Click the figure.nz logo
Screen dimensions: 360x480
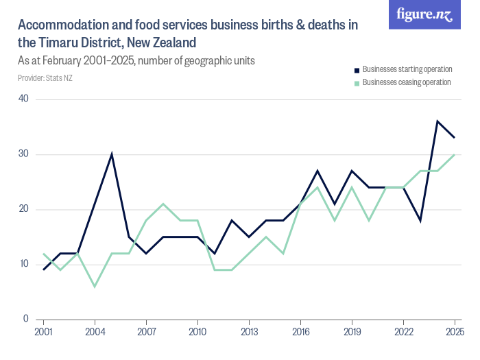tap(424, 14)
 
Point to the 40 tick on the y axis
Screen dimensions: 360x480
tap(23, 99)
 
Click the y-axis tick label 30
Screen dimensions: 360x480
tap(23, 154)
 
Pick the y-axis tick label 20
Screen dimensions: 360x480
tap(23, 209)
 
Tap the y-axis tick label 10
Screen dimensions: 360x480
tap(23, 264)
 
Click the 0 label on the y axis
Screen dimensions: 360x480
tap(25, 319)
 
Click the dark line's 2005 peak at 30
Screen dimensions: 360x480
tap(112, 154)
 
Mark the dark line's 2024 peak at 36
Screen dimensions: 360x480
tap(437, 121)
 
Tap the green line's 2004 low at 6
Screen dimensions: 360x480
tap(95, 286)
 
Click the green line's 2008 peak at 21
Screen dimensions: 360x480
tap(163, 204)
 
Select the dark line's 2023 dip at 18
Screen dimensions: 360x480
tap(420, 220)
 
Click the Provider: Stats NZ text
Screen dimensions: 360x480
tap(45, 77)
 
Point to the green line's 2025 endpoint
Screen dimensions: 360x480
tap(455, 154)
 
